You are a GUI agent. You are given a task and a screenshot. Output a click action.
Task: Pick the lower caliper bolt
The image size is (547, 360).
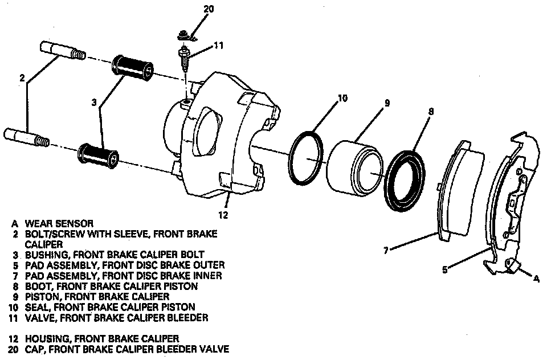coord(28,137)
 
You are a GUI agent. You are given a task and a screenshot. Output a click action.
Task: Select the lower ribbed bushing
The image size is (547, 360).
coord(100,154)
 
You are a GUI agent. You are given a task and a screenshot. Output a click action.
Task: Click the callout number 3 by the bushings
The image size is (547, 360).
coord(95,103)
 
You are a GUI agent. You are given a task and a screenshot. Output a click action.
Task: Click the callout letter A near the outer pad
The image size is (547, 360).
coord(537,279)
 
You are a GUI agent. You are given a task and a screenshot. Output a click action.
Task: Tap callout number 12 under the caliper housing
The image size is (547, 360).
coord(223,215)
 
